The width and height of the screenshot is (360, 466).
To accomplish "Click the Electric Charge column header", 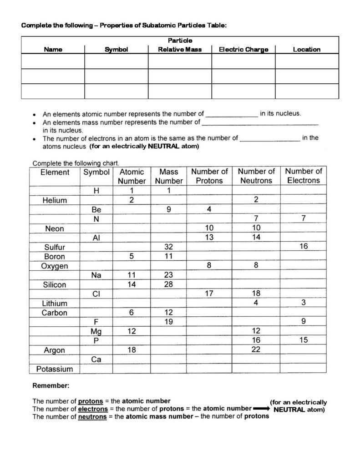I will (243, 50).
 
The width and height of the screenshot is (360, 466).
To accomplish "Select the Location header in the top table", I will (306, 50).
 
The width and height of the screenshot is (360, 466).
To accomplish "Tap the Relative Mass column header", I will (180, 50).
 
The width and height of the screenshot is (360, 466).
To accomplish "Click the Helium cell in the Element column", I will (55, 200).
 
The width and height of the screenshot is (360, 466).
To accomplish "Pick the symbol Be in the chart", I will (96, 210).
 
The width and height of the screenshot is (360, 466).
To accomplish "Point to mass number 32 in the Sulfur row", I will (168, 247).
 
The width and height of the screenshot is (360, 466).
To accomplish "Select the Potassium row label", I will (55, 369).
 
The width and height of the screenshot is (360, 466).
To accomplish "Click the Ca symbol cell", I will (96, 360).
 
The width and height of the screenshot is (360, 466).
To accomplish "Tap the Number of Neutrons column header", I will (256, 176).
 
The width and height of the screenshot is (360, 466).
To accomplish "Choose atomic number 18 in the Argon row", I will (132, 350).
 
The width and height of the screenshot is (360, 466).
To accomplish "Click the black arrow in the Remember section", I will (262, 409).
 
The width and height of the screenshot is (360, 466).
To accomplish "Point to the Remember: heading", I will (51, 386).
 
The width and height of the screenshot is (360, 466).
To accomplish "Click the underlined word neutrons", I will (92, 416).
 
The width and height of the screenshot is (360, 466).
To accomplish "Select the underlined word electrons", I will (93, 409).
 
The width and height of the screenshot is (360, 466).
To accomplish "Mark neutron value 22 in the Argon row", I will (256, 349).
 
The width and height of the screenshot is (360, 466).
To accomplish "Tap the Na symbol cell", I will (96, 275).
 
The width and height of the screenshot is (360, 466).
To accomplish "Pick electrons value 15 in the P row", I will (304, 340).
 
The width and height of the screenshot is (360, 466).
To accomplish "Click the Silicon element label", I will (55, 285).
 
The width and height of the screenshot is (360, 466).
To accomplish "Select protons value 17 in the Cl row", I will (209, 294).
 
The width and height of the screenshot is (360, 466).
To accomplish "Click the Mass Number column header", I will (168, 176).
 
